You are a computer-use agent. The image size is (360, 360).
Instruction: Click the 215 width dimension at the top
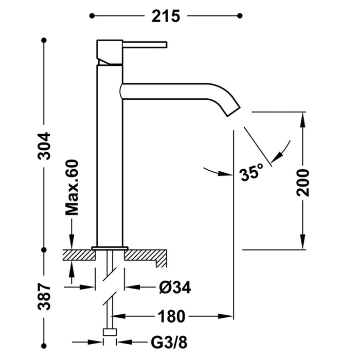pos(165,16)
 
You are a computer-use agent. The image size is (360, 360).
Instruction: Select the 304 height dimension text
pos(45,146)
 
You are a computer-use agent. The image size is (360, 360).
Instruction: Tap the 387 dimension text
pos(45,297)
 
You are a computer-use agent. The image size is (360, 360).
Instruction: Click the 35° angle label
pos(251,173)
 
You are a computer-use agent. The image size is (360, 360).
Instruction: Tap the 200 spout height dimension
pos(304,182)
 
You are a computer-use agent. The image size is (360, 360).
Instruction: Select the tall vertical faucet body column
pos(110,154)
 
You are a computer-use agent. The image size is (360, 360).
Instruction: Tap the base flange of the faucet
pos(110,248)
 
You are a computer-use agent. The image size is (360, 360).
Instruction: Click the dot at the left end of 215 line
pos(92,16)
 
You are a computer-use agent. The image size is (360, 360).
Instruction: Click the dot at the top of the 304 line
pos(45,40)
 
